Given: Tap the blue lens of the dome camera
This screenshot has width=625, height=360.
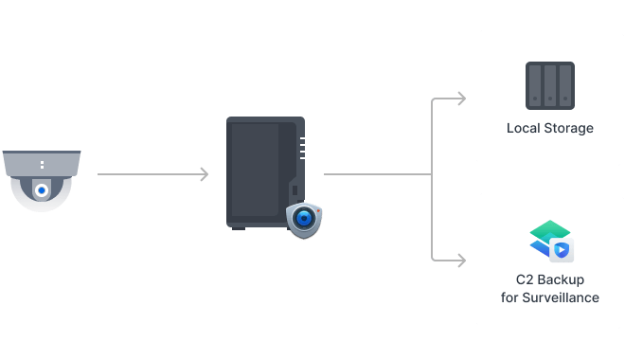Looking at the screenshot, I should [x=41, y=190].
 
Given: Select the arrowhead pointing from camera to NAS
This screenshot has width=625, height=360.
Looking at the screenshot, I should [x=204, y=174].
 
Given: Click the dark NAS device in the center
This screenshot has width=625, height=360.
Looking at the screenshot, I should [x=260, y=171].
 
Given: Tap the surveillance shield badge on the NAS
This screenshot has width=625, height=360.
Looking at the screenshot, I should [x=304, y=219].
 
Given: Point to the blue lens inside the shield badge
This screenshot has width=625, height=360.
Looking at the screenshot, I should [x=304, y=218].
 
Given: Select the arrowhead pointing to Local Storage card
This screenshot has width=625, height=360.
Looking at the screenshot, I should [x=461, y=99].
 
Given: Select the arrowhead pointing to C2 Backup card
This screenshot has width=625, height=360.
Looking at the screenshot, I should [x=461, y=259].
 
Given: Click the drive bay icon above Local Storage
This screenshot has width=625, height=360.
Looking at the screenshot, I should [x=550, y=84].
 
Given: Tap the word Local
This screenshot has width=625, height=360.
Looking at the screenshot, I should [x=523, y=128].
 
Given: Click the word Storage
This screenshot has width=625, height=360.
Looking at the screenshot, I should [x=568, y=128].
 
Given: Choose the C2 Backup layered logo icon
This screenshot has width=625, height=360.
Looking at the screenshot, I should [x=550, y=241].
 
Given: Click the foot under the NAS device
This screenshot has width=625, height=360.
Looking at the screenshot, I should [x=239, y=227].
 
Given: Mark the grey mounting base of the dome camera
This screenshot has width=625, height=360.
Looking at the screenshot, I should [x=42, y=164].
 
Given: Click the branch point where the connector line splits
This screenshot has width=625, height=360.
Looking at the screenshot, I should [x=432, y=174].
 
